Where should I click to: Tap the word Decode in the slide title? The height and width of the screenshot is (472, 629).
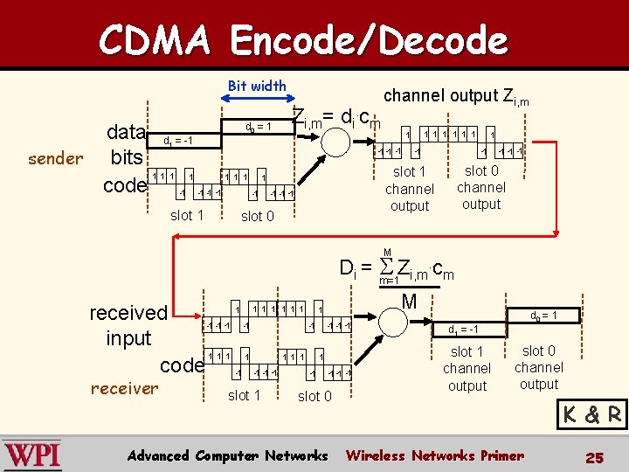[x=427, y=39]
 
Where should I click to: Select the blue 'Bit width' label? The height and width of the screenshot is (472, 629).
[x=256, y=86]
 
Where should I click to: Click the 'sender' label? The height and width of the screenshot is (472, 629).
[x=56, y=158]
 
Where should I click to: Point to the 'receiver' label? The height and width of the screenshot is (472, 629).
[x=124, y=388]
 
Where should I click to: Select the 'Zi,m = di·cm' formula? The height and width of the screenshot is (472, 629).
[x=335, y=119]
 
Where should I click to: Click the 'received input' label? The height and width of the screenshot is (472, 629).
[x=128, y=324]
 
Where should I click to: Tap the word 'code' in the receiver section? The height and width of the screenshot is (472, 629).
[x=182, y=363]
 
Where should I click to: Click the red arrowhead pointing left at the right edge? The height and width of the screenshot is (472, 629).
[x=551, y=233]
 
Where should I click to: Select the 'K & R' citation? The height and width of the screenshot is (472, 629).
[x=593, y=414]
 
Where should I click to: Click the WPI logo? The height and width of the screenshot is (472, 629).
[x=32, y=455]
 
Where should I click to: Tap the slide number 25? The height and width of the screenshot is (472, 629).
[x=595, y=456]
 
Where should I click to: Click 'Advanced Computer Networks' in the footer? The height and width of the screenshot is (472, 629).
[x=227, y=455]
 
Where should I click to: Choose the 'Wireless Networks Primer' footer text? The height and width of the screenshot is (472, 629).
[x=434, y=455]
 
